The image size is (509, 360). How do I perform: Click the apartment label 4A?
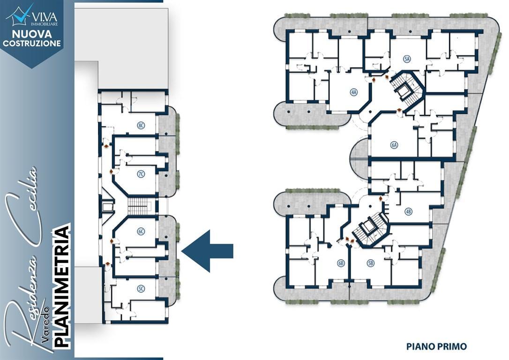point(353,92)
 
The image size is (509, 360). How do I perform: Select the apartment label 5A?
point(407,59)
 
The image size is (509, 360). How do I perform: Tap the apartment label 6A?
point(394,145)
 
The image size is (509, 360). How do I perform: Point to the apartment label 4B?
point(408,212)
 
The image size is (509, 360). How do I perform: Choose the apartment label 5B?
point(370,263)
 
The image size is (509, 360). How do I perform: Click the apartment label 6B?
point(341,263)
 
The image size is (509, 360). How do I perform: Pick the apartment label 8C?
point(141,126)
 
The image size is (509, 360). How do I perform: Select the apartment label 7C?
point(141,174)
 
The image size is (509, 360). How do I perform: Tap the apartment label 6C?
point(141,232)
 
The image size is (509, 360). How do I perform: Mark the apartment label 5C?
point(141,288)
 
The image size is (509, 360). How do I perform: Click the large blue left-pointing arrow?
point(207,251)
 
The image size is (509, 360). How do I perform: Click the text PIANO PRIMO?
point(436,346)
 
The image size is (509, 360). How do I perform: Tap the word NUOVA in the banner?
point(31,34)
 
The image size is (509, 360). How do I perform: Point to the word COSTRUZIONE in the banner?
point(31,43)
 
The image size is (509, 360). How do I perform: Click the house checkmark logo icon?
point(20,15)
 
